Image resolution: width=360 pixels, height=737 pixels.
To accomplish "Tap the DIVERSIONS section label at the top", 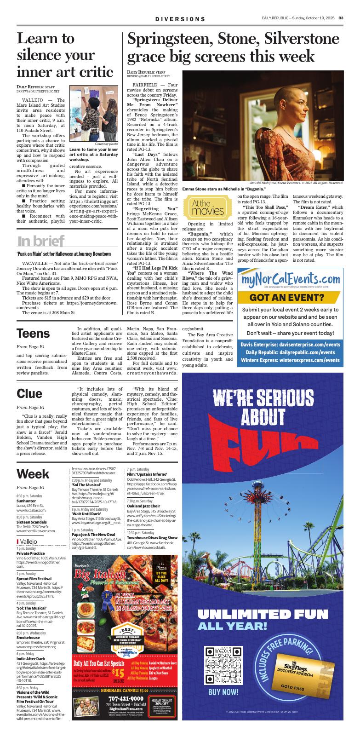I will point(180,19).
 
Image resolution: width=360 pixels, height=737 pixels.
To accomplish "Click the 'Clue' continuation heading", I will point(29,393).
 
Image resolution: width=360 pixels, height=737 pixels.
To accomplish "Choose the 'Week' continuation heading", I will point(33,474).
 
